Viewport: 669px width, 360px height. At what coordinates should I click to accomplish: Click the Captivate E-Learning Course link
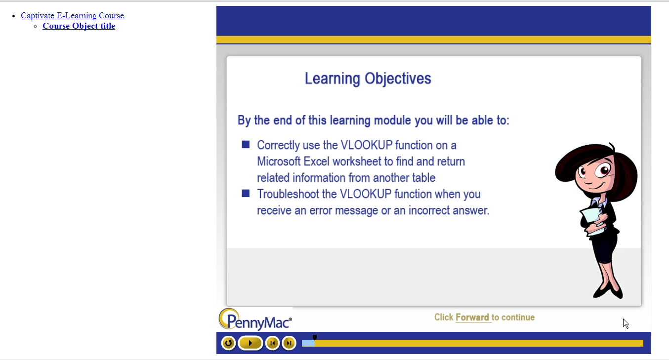72,15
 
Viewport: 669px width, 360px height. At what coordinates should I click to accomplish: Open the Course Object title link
79,26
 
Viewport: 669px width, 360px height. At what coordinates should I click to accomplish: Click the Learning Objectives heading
368,79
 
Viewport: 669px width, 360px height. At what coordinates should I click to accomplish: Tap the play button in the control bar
251,343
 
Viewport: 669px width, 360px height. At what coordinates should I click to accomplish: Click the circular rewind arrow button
228,343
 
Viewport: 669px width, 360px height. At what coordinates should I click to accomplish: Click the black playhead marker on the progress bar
315,337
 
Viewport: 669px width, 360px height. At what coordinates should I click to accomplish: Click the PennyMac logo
255,320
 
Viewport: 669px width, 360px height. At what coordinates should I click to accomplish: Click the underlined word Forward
472,317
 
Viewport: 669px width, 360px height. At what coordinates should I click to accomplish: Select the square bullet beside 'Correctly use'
246,145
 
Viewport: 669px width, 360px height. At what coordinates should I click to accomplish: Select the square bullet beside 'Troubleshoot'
246,194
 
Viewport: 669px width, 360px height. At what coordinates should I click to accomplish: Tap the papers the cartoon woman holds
593,220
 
